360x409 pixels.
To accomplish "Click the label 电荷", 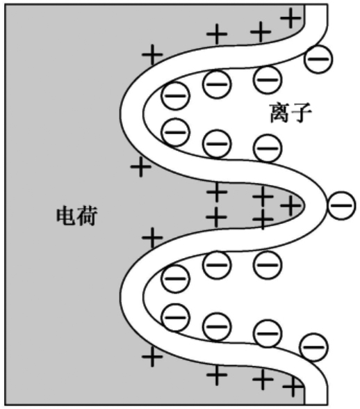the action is [77, 216].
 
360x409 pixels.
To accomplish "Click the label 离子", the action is [290, 113].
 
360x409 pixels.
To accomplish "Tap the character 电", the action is [66, 216].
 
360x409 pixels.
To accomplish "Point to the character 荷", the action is [88, 216].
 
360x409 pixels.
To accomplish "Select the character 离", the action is [279, 113].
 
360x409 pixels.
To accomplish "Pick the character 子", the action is [301, 113].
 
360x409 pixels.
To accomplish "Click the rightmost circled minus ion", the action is [341, 205].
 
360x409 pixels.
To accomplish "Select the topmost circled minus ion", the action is [318, 59].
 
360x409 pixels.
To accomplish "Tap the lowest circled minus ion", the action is [314, 347].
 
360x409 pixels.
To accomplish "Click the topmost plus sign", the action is [291, 18].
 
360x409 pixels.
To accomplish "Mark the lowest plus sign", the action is [293, 386].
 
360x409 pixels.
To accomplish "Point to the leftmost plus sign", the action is [141, 167].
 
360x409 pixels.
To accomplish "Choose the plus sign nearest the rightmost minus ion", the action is [291, 206].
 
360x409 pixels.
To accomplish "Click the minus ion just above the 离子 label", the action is [268, 80].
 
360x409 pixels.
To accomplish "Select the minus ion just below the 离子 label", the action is [268, 148].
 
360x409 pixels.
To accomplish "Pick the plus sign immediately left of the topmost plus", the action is [261, 32].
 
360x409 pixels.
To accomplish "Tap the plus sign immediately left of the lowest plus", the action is [263, 379].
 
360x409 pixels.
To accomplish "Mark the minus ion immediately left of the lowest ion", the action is [268, 333].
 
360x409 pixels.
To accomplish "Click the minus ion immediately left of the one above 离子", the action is [217, 84].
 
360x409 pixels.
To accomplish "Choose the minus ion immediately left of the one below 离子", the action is [217, 144].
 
